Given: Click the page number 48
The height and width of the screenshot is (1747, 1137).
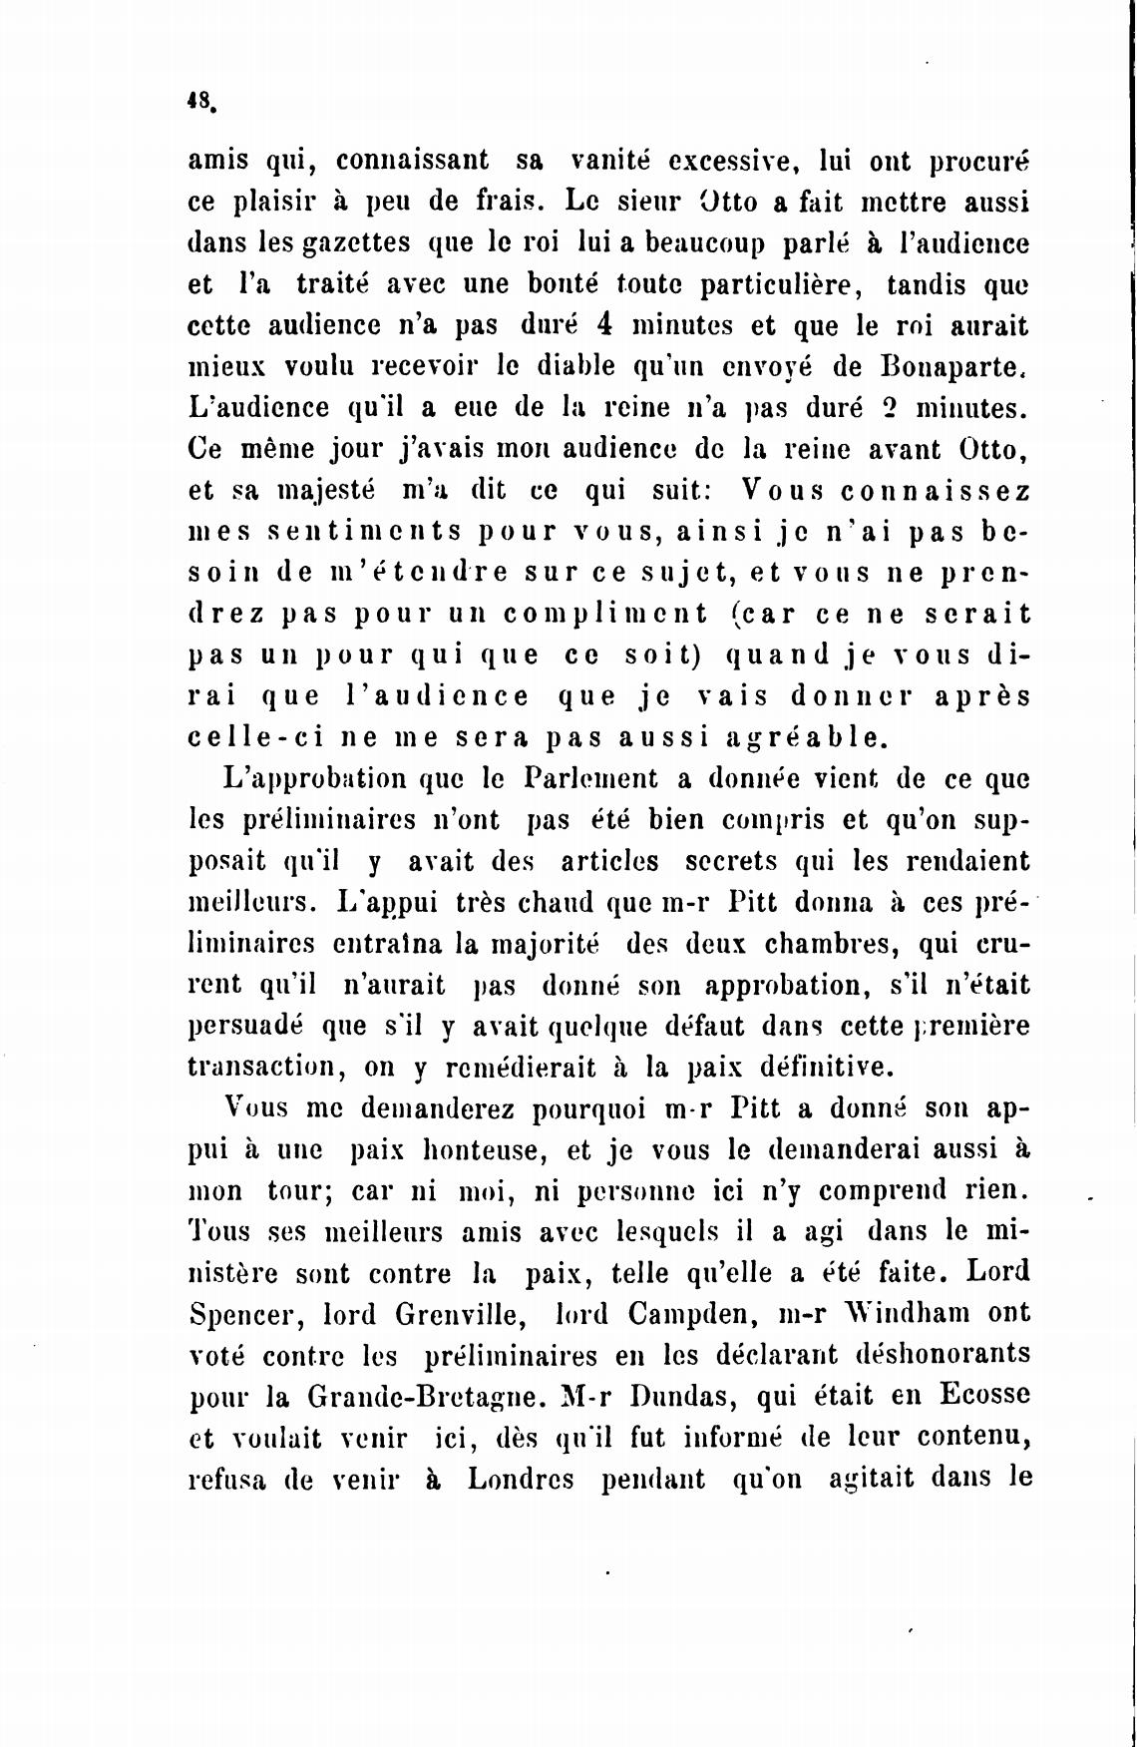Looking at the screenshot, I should [x=198, y=100].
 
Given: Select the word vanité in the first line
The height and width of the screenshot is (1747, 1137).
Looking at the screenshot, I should [x=609, y=160].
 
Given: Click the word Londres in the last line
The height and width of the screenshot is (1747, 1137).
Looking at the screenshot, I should [x=521, y=1479].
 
